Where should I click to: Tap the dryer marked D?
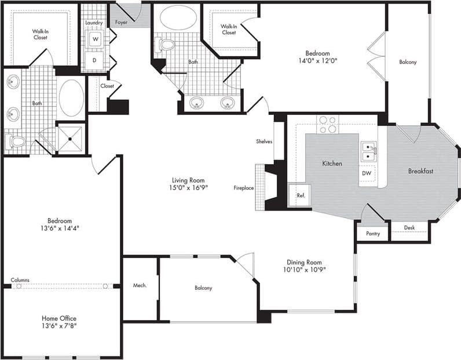point(94,60)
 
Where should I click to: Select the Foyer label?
point(121,23)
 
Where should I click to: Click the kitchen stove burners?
point(327,125)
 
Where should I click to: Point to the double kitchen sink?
point(368,152)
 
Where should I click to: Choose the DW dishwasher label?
point(367,173)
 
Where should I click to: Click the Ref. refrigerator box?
point(301,196)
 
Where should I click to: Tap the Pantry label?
point(372,234)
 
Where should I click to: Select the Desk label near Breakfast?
point(409,228)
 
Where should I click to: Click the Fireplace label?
point(244,188)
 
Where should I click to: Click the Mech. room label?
point(140,285)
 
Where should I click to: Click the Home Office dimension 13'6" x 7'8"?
point(59,326)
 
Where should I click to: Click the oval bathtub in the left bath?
point(71,98)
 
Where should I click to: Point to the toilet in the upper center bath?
point(166,44)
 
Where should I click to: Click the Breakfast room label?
point(420,171)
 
